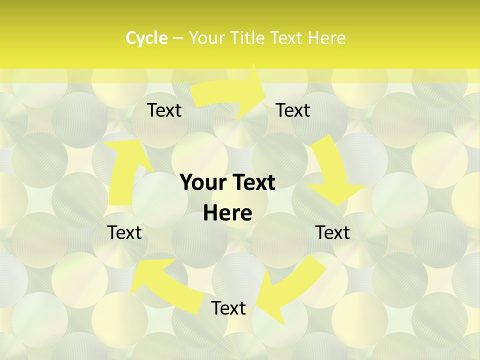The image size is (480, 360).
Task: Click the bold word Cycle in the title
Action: (x=146, y=38)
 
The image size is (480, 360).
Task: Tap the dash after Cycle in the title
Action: (x=178, y=38)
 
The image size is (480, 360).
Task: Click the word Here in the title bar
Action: (x=326, y=38)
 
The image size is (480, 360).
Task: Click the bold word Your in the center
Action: (x=204, y=182)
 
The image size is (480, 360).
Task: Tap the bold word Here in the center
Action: (x=227, y=213)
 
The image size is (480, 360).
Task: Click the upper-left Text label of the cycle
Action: (x=164, y=110)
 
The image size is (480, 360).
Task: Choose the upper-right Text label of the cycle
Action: (x=293, y=110)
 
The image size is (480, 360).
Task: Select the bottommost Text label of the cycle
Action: (x=228, y=308)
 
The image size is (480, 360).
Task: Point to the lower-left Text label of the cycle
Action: (x=124, y=232)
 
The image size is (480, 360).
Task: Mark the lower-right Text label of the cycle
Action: (x=332, y=232)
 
